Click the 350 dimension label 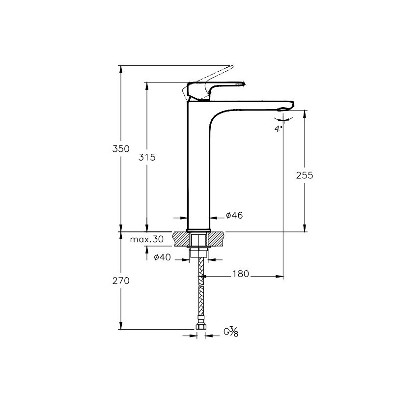(x=121, y=149)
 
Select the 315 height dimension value (x=147, y=157)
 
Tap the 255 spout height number (x=305, y=175)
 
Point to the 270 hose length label (x=121, y=281)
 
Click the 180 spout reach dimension (x=240, y=274)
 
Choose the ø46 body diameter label (x=234, y=215)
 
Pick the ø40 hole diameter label (x=162, y=257)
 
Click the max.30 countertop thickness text (x=146, y=239)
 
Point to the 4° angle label (x=279, y=129)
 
